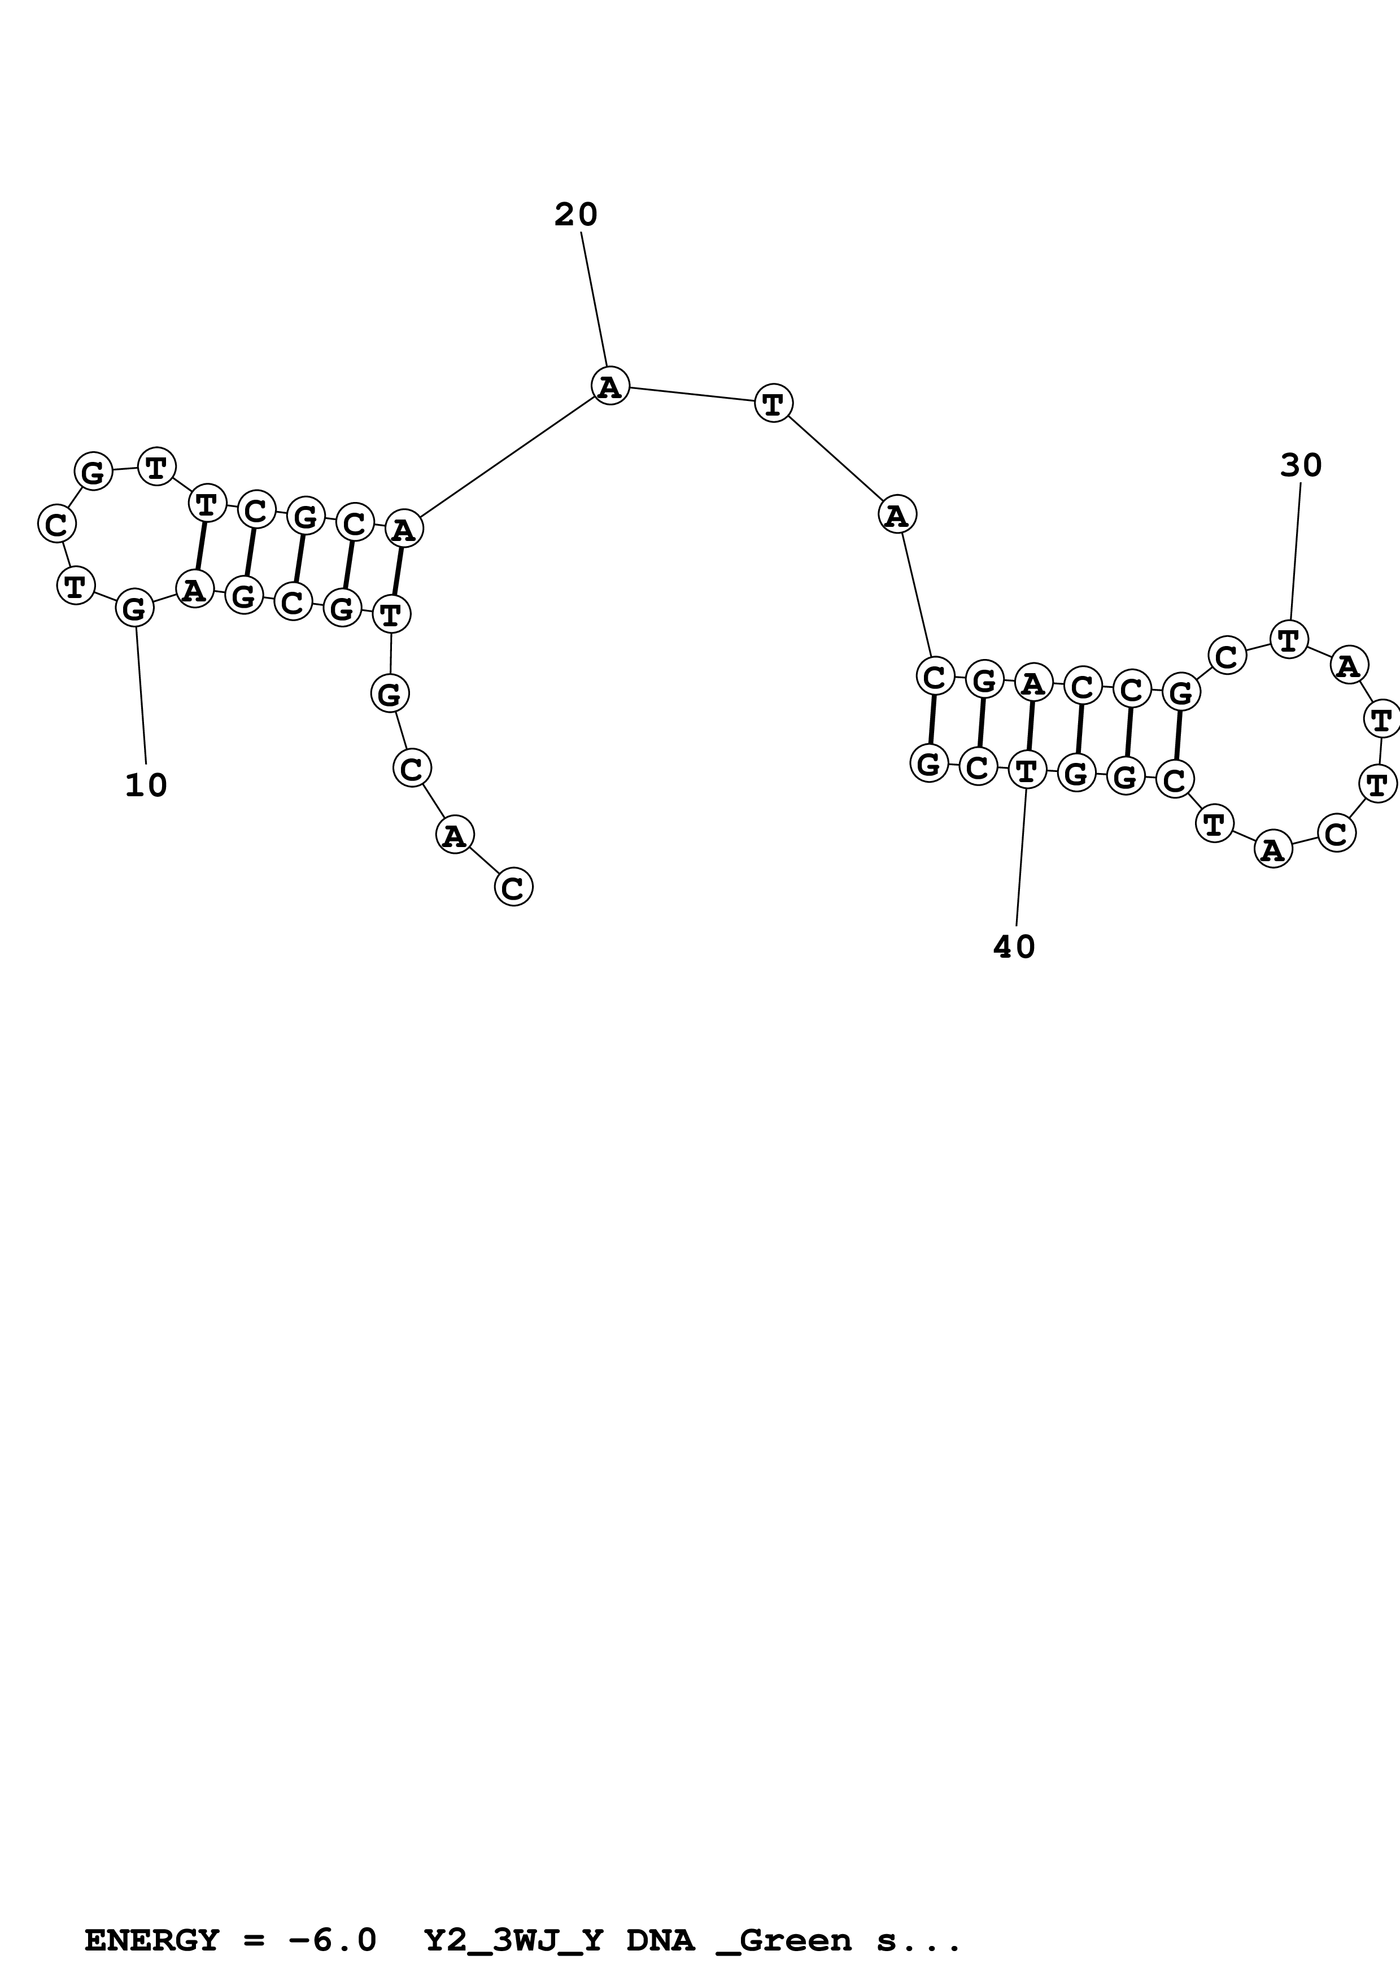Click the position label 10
click(x=146, y=785)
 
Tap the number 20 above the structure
click(x=575, y=215)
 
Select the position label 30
click(x=1301, y=466)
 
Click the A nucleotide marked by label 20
click(x=610, y=386)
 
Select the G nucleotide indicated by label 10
click(x=134, y=608)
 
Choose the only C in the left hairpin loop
click(x=57, y=523)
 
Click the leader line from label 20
click(x=594, y=298)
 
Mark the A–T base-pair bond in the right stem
click(x=1030, y=726)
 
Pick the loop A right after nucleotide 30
click(x=1347, y=665)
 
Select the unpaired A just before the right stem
click(x=897, y=515)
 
